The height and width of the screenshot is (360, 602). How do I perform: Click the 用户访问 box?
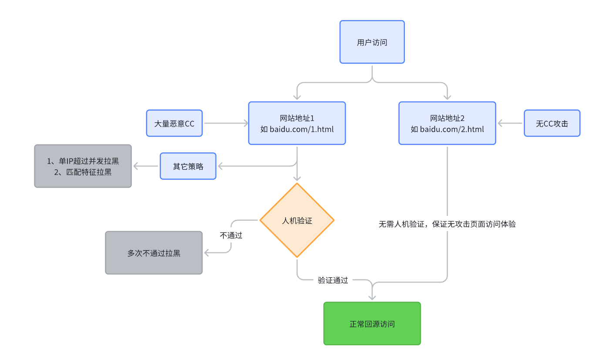tap(372, 42)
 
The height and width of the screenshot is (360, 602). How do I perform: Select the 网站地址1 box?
tap(297, 123)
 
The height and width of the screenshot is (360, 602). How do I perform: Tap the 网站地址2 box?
tap(447, 123)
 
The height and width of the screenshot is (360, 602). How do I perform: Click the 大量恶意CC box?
tap(175, 124)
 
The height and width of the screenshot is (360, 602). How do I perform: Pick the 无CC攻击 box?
tap(552, 124)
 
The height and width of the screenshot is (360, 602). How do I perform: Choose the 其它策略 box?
tap(188, 166)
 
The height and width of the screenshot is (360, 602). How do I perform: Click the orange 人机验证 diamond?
tap(297, 220)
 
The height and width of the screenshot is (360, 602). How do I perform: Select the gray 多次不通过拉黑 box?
tap(154, 253)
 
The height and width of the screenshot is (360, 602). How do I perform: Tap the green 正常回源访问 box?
tap(372, 324)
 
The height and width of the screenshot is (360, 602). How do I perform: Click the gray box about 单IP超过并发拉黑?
tap(83, 166)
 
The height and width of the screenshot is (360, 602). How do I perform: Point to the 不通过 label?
tap(231, 236)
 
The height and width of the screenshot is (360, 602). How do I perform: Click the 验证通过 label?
tap(333, 280)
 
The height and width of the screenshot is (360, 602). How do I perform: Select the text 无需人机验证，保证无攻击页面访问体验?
tap(447, 225)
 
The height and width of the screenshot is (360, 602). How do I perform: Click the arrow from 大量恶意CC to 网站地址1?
tap(225, 124)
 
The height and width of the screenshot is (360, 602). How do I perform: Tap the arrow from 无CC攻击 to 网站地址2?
tap(510, 124)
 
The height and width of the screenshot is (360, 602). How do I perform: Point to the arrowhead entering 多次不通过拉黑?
tap(208, 253)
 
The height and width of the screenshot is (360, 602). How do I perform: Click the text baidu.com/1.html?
tap(302, 129)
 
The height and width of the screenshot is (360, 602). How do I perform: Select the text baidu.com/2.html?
tap(452, 129)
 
